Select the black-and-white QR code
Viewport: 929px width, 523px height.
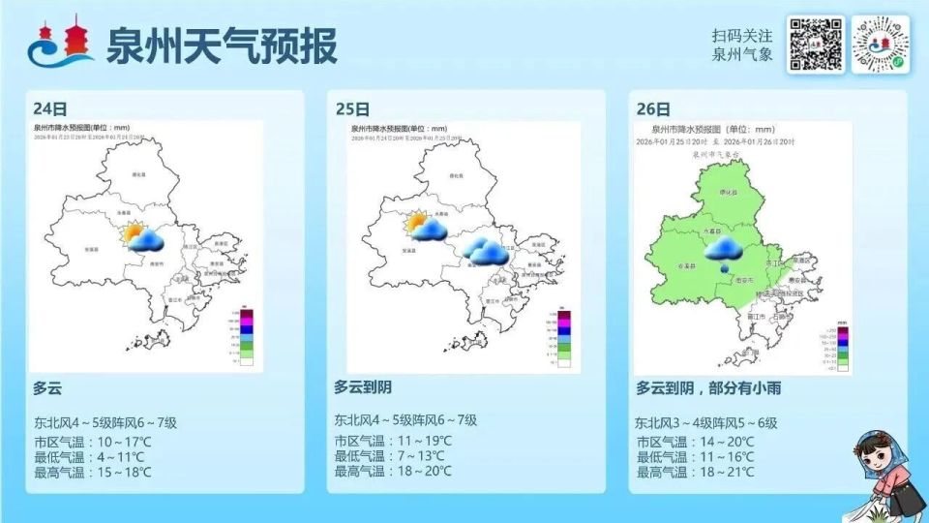pos(815,45)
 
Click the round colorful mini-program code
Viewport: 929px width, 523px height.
pos(884,45)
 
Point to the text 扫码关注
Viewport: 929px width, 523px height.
pos(742,35)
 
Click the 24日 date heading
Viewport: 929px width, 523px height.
pos(50,108)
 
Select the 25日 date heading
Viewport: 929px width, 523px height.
pos(352,108)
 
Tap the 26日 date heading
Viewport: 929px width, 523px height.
pos(654,108)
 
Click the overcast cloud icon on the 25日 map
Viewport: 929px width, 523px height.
pos(485,252)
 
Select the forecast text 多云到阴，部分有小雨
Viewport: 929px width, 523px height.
pos(708,387)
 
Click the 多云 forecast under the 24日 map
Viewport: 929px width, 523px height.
pos(47,387)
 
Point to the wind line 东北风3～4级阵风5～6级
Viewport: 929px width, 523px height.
pos(706,423)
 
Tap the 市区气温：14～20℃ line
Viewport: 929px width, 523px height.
pos(694,442)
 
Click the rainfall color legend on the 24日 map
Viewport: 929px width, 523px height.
pos(248,335)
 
